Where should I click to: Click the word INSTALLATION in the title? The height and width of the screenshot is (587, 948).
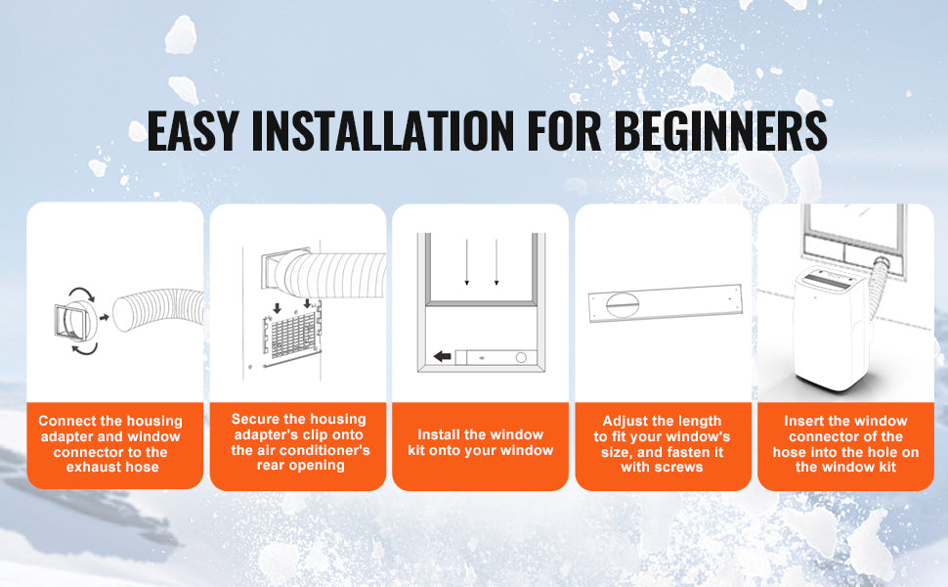(x=383, y=130)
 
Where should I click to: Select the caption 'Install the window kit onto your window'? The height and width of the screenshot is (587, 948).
(x=481, y=442)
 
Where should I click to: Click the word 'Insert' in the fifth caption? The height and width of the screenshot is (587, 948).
(x=804, y=421)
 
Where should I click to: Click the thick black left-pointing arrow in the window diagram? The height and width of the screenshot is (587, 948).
(x=443, y=356)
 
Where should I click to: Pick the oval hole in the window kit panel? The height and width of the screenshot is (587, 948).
(x=623, y=304)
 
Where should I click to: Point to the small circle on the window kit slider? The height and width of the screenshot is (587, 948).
(x=521, y=358)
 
